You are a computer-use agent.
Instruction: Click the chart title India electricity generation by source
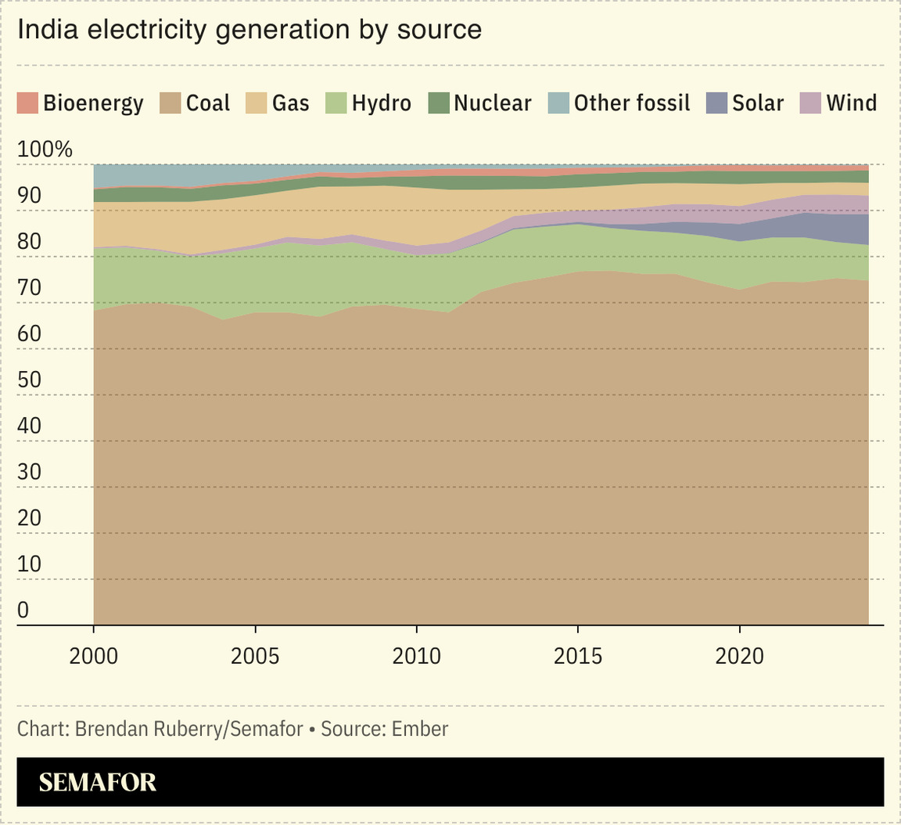[249, 30]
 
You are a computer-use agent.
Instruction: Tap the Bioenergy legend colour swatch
[27, 103]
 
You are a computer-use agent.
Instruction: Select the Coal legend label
[208, 103]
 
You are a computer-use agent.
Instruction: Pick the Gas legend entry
[279, 103]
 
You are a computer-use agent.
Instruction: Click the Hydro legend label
[381, 103]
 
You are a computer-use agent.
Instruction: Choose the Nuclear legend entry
[480, 103]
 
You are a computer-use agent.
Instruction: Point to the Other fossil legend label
[632, 103]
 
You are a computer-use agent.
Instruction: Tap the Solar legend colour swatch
[717, 103]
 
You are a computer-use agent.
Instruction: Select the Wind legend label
[852, 103]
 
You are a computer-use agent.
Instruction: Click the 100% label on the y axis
[45, 149]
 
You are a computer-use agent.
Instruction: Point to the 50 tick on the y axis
[29, 380]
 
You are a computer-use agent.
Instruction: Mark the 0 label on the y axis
[23, 610]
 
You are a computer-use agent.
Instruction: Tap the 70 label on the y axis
[29, 287]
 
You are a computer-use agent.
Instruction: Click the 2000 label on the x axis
[94, 655]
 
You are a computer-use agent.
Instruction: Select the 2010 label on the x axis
[417, 655]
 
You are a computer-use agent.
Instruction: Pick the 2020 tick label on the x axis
[740, 655]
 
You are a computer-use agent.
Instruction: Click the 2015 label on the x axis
[578, 655]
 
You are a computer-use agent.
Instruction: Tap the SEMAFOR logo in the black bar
[98, 782]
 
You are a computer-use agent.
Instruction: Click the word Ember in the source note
[420, 730]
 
